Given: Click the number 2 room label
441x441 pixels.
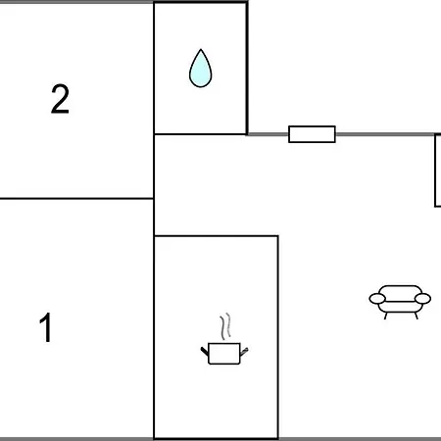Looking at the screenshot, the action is [x=60, y=99].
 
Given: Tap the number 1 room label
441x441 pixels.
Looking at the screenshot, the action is [x=46, y=327].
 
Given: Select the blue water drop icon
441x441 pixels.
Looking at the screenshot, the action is [x=201, y=69].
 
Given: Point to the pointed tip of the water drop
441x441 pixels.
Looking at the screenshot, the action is [x=201, y=50].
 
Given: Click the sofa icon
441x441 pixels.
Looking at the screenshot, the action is [x=400, y=302].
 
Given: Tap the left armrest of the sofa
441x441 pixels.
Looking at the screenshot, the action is [x=377, y=298].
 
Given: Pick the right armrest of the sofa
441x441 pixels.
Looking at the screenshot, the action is [x=422, y=298].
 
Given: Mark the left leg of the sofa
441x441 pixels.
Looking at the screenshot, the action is [x=386, y=316].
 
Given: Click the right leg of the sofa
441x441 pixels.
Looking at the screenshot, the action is [x=416, y=316].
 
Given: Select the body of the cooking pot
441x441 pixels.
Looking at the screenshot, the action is [x=224, y=354].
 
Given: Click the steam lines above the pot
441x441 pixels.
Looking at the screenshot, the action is [x=225, y=326].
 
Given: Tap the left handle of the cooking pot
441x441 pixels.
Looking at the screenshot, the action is [x=205, y=352].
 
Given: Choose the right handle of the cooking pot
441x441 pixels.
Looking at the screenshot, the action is [x=244, y=352].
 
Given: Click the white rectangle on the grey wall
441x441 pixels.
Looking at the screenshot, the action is [x=312, y=134].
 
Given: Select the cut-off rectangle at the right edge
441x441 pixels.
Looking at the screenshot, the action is [x=438, y=171].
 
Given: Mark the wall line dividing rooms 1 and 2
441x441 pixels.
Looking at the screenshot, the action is [x=76, y=198].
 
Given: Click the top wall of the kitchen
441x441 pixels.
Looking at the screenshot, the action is [x=217, y=235].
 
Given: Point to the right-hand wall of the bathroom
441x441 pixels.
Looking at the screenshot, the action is [x=247, y=68].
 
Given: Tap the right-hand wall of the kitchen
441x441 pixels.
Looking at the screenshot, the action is [x=278, y=337].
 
